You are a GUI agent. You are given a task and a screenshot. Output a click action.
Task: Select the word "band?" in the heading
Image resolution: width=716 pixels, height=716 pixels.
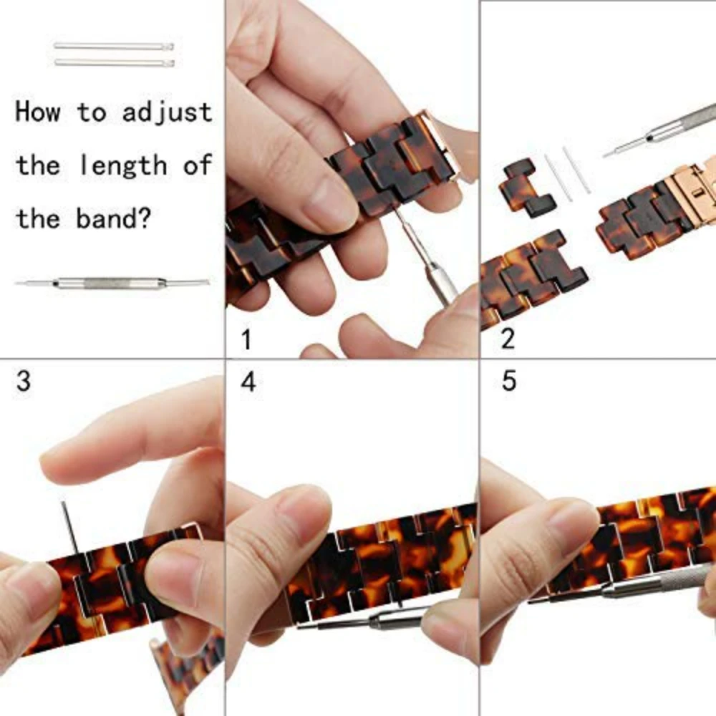point(114,218)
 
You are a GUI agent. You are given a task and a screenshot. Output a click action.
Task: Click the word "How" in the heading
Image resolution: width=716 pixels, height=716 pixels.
point(38,112)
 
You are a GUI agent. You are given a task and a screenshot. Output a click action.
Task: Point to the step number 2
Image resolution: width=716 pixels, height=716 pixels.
point(508,339)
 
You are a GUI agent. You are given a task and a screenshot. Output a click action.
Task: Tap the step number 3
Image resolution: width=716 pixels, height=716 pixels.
point(24,381)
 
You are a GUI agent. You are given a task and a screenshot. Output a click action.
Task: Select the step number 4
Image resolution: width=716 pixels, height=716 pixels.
point(248,382)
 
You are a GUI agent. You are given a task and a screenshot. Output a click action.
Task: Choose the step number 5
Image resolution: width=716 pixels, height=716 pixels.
point(508,381)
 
